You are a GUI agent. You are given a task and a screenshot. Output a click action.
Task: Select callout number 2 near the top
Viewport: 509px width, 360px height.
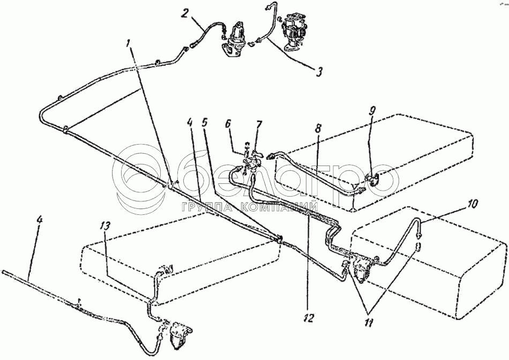185,13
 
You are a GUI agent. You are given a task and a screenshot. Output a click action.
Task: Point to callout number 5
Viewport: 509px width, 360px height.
204,123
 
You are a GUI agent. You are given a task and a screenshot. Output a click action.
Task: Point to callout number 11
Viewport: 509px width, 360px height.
473,204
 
